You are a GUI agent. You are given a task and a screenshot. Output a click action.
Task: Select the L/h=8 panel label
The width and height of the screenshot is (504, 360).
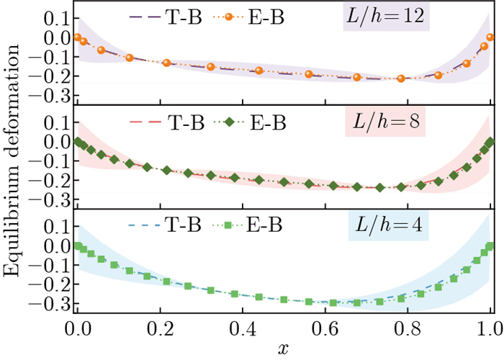[387, 123]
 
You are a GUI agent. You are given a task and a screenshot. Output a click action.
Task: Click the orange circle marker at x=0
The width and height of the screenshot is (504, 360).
[77, 37]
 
